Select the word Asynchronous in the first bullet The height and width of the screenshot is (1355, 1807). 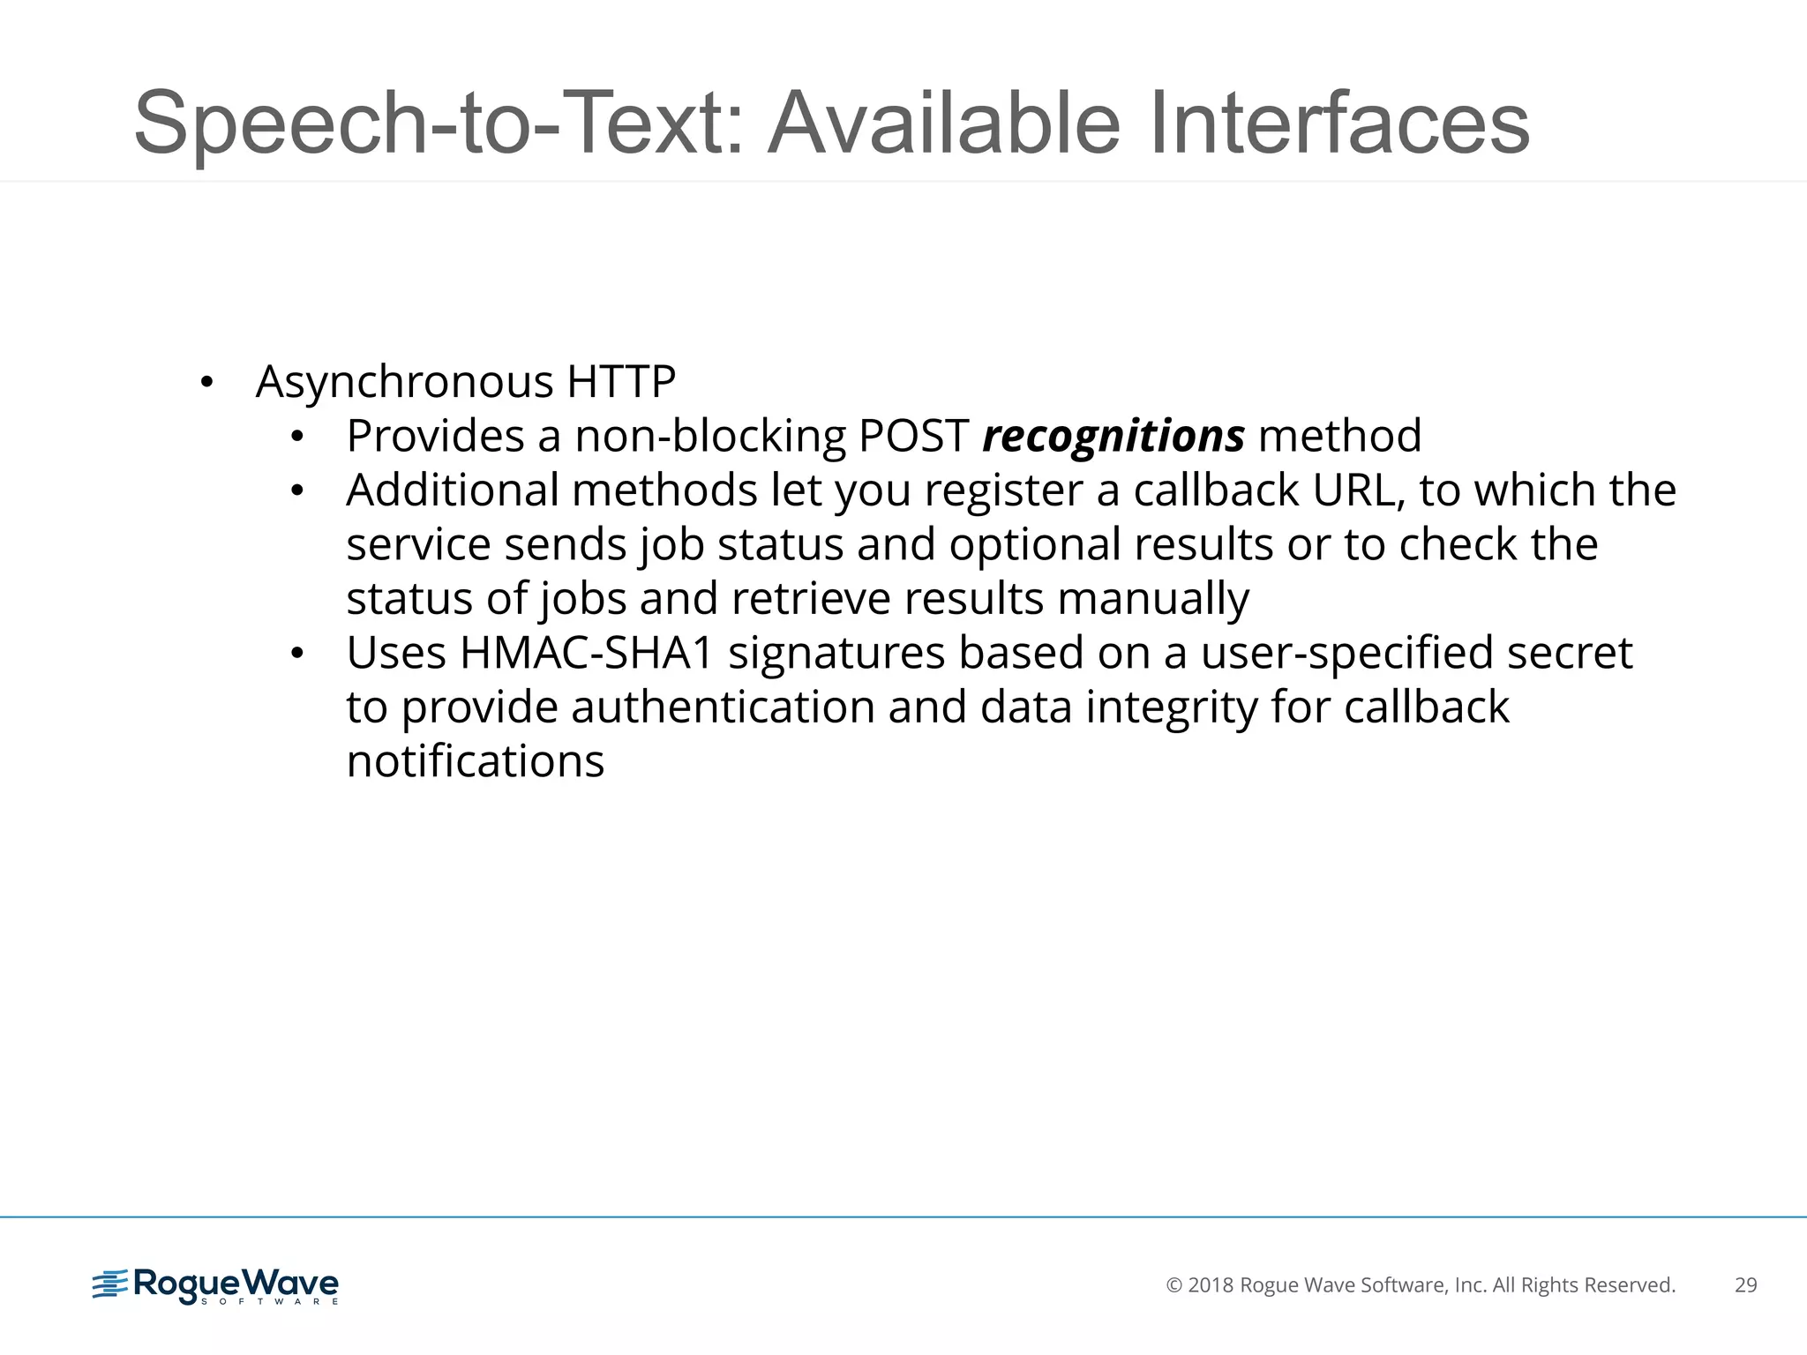click(x=405, y=382)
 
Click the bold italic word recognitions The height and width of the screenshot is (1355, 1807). click(x=1113, y=436)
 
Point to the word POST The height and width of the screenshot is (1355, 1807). click(x=914, y=436)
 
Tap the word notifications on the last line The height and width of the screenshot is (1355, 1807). click(x=476, y=761)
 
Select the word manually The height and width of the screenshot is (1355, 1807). click(x=1153, y=599)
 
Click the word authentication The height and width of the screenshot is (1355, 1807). click(x=723, y=707)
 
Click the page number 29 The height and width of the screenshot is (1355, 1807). click(x=1745, y=1285)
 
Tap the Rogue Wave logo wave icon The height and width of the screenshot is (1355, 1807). click(x=110, y=1284)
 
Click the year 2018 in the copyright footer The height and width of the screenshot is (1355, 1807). click(x=1211, y=1285)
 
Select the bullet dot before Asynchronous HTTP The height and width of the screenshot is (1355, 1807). click(x=206, y=383)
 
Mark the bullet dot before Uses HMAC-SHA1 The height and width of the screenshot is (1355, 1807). click(x=297, y=654)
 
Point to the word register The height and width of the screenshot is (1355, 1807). click(x=1003, y=490)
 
